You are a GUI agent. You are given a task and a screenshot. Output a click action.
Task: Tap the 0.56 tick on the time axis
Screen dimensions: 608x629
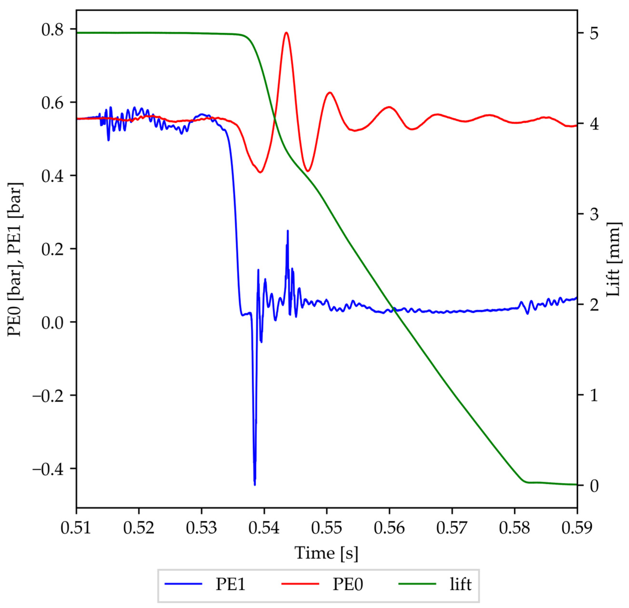pos(389,527)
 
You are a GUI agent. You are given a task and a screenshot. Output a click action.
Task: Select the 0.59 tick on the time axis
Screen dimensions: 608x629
pos(577,527)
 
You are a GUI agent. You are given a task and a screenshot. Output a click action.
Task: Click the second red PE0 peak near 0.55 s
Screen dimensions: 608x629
pos(329,93)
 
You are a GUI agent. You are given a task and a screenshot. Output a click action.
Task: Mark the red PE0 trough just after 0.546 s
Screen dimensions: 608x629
pos(308,171)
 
